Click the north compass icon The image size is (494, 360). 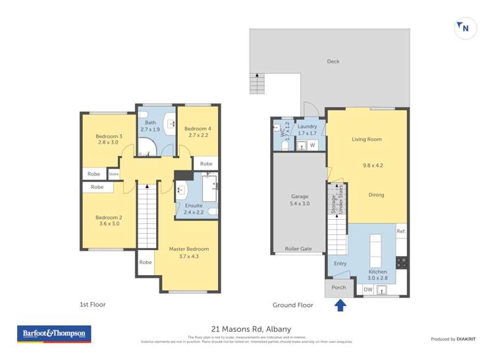pyautogui.click(x=466, y=28)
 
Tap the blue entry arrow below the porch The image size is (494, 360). pyautogui.click(x=340, y=305)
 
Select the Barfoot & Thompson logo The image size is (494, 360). pyautogui.click(x=54, y=334)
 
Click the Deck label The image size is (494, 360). pyautogui.click(x=333, y=61)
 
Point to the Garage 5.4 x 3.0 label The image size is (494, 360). pyautogui.click(x=300, y=200)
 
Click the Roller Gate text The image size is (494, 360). pyautogui.click(x=298, y=249)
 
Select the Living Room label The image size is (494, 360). pyautogui.click(x=366, y=140)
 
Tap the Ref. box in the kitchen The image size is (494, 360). pyautogui.click(x=401, y=232)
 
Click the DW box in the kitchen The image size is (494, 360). pyautogui.click(x=368, y=290)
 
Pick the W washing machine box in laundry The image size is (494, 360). pyautogui.click(x=313, y=145)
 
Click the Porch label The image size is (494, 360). pyautogui.click(x=339, y=288)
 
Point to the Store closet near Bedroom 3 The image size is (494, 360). pyautogui.click(x=113, y=174)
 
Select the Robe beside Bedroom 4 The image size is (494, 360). pyautogui.click(x=206, y=164)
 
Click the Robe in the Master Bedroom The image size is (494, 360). pyautogui.click(x=146, y=262)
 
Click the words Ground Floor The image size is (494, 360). pyautogui.click(x=293, y=305)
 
